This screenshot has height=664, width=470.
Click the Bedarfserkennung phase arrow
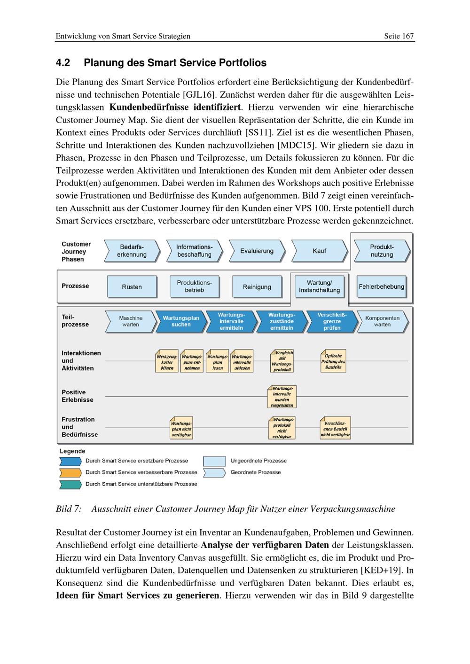pyautogui.click(x=132, y=251)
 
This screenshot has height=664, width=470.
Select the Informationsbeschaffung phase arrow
pyautogui.click(x=194, y=251)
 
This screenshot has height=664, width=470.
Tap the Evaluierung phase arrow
pyautogui.click(x=257, y=251)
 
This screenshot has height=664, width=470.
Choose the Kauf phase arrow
pyautogui.click(x=319, y=251)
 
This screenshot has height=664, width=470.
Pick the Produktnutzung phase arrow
pyautogui.click(x=382, y=251)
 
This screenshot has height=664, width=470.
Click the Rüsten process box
pyautogui.click(x=132, y=286)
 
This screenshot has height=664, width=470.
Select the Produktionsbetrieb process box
pyautogui.click(x=194, y=286)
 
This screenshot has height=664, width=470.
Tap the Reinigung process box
pyautogui.click(x=257, y=286)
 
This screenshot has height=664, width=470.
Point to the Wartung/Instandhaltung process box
pyautogui.click(x=319, y=286)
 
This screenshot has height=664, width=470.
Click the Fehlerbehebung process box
pyautogui.click(x=381, y=286)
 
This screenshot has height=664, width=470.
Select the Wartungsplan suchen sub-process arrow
pyautogui.click(x=181, y=321)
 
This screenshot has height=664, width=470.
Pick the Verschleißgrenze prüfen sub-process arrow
pyautogui.click(x=332, y=321)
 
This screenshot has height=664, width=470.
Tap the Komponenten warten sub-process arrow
pyautogui.click(x=382, y=321)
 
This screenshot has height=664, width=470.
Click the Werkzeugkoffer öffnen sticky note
pyautogui.click(x=167, y=361)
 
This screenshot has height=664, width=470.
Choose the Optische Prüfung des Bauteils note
pyautogui.click(x=333, y=361)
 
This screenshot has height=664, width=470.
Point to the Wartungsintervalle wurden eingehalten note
pyautogui.click(x=282, y=397)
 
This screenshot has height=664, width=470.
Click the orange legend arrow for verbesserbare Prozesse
pyautogui.click(x=70, y=472)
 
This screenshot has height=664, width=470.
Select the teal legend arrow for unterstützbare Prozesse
pyautogui.click(x=70, y=484)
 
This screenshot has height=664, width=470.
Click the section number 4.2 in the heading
pyautogui.click(x=63, y=63)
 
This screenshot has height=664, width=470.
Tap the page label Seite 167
pyautogui.click(x=399, y=36)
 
